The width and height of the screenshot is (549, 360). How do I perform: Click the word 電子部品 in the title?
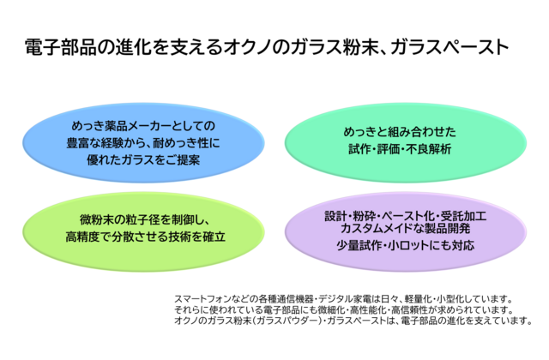[x=60, y=47]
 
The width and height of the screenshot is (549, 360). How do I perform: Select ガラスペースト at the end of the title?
[x=449, y=47]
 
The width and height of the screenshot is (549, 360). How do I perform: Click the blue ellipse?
[x=143, y=143]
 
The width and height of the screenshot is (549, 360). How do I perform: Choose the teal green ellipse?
[x=406, y=143]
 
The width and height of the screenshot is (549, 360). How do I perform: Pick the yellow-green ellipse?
[x=143, y=231]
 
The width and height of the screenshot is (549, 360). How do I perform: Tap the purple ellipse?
[x=406, y=231]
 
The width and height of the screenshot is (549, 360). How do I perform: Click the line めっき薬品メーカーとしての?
[x=143, y=126]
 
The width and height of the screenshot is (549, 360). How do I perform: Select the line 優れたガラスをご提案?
[x=143, y=160]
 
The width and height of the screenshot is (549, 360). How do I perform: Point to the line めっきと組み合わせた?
[x=400, y=132]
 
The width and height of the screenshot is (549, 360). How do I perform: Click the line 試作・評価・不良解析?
[x=400, y=149]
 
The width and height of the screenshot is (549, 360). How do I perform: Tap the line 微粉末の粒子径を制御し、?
[x=145, y=220]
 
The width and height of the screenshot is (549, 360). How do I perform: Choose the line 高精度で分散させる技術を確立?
[x=145, y=237]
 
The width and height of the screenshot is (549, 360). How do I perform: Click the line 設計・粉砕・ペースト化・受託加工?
[x=406, y=216]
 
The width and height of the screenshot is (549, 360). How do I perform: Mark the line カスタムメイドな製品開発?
[x=406, y=229]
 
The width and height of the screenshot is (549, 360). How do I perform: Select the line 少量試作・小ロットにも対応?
[x=406, y=245]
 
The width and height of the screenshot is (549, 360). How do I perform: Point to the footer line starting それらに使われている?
[x=344, y=309]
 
